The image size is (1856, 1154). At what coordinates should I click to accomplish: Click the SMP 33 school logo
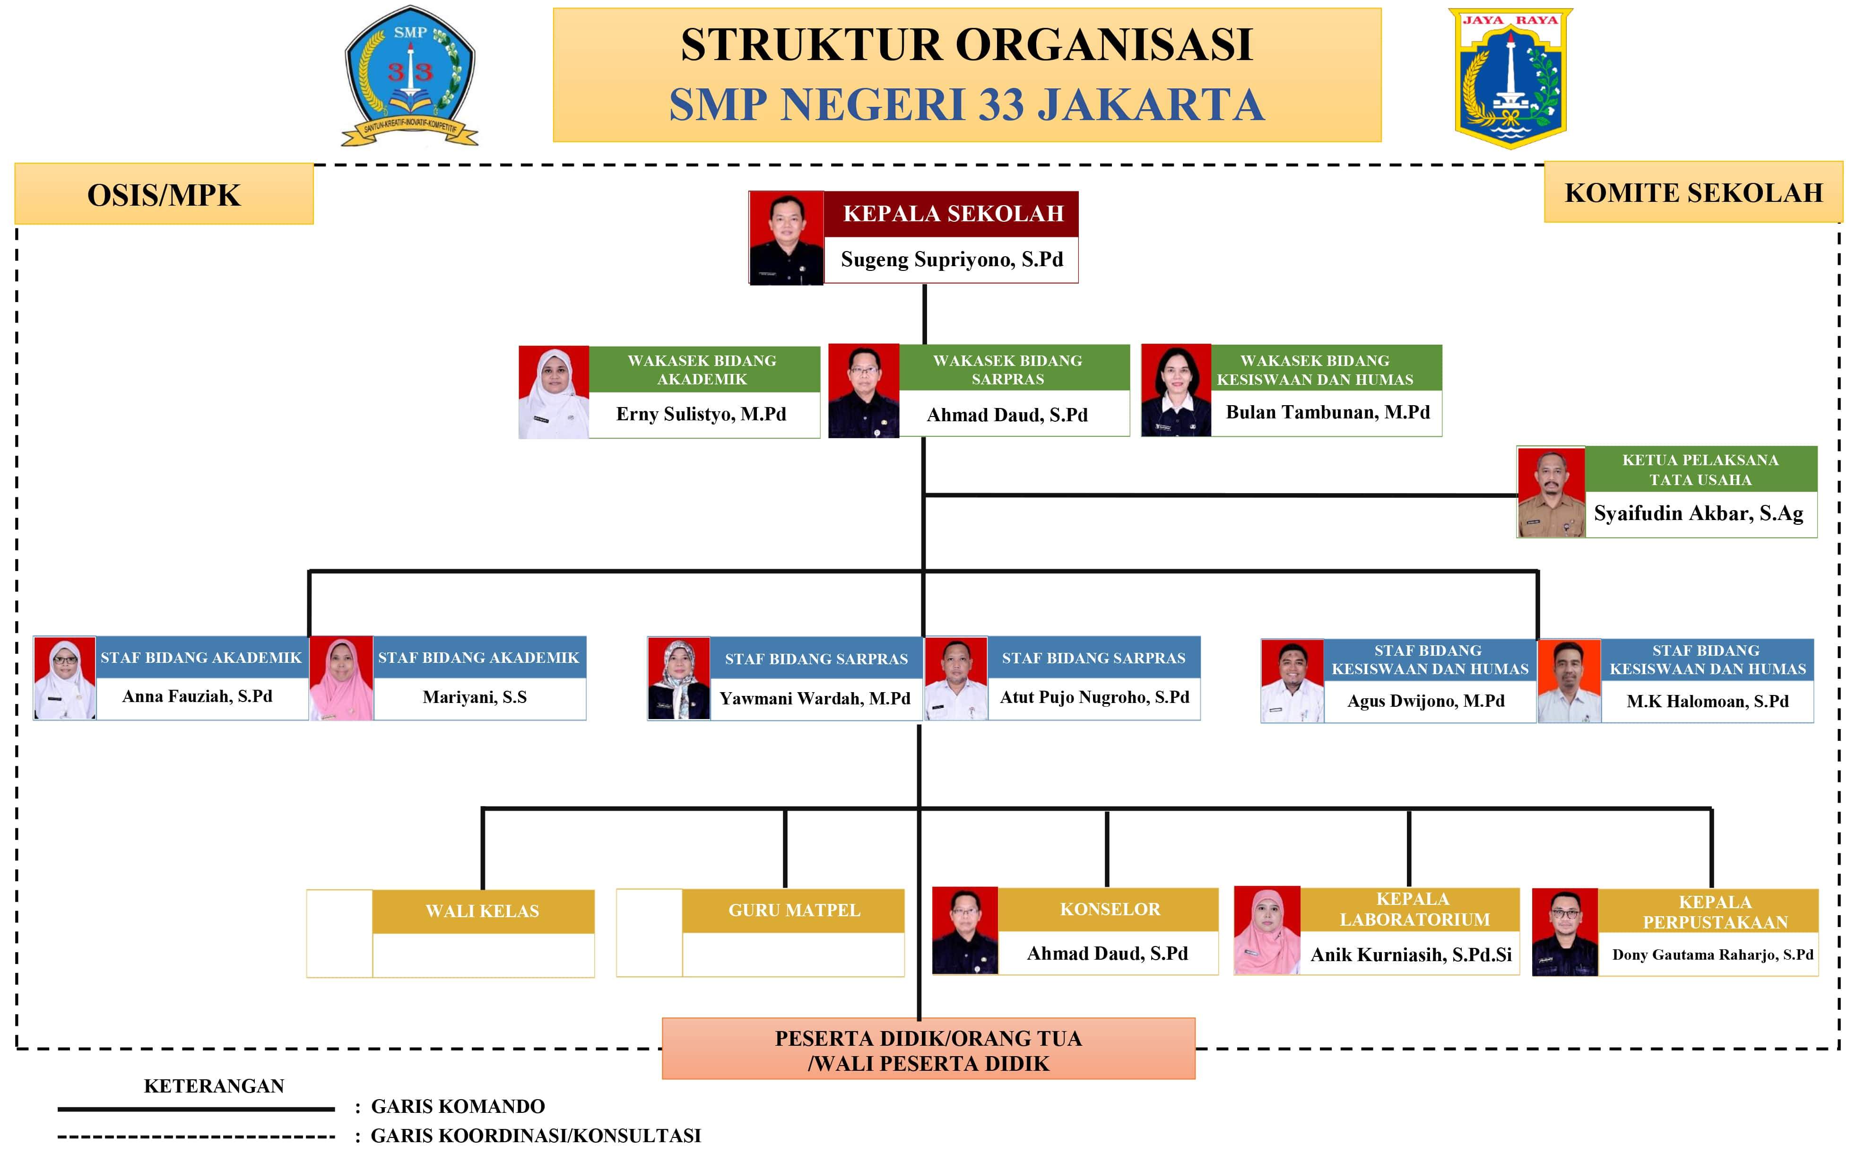click(x=410, y=76)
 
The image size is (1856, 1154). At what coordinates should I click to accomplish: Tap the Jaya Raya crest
click(x=1510, y=78)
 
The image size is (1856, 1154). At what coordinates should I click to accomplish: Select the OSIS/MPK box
click(x=164, y=194)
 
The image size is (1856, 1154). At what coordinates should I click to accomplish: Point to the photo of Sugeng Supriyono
click(x=786, y=238)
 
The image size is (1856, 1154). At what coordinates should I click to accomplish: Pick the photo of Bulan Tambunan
click(x=1176, y=390)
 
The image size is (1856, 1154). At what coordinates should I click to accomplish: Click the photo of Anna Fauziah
click(x=65, y=678)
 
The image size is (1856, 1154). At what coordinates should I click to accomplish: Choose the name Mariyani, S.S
click(x=475, y=697)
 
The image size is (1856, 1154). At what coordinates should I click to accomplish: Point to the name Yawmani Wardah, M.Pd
click(x=815, y=698)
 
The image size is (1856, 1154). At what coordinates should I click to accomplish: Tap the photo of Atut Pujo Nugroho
click(x=956, y=678)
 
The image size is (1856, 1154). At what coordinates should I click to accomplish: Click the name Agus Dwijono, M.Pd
click(x=1426, y=701)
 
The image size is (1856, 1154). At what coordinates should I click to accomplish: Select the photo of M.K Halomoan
click(x=1569, y=681)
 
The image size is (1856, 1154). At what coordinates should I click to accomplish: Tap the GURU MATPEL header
click(x=794, y=911)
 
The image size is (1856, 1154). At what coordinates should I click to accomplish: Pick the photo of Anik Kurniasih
click(x=1267, y=930)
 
